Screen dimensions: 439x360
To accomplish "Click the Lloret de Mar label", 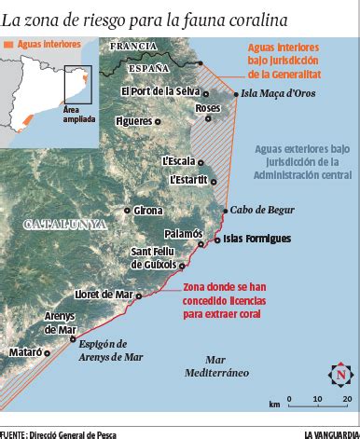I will coord(106,295).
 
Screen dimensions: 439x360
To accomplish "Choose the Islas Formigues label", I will coord(256,240).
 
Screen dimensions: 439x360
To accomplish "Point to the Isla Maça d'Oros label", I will coord(278,93).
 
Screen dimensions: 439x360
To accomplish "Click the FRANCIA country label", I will coord(132,46).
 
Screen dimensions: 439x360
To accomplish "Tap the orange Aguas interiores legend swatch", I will coord(11,45).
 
